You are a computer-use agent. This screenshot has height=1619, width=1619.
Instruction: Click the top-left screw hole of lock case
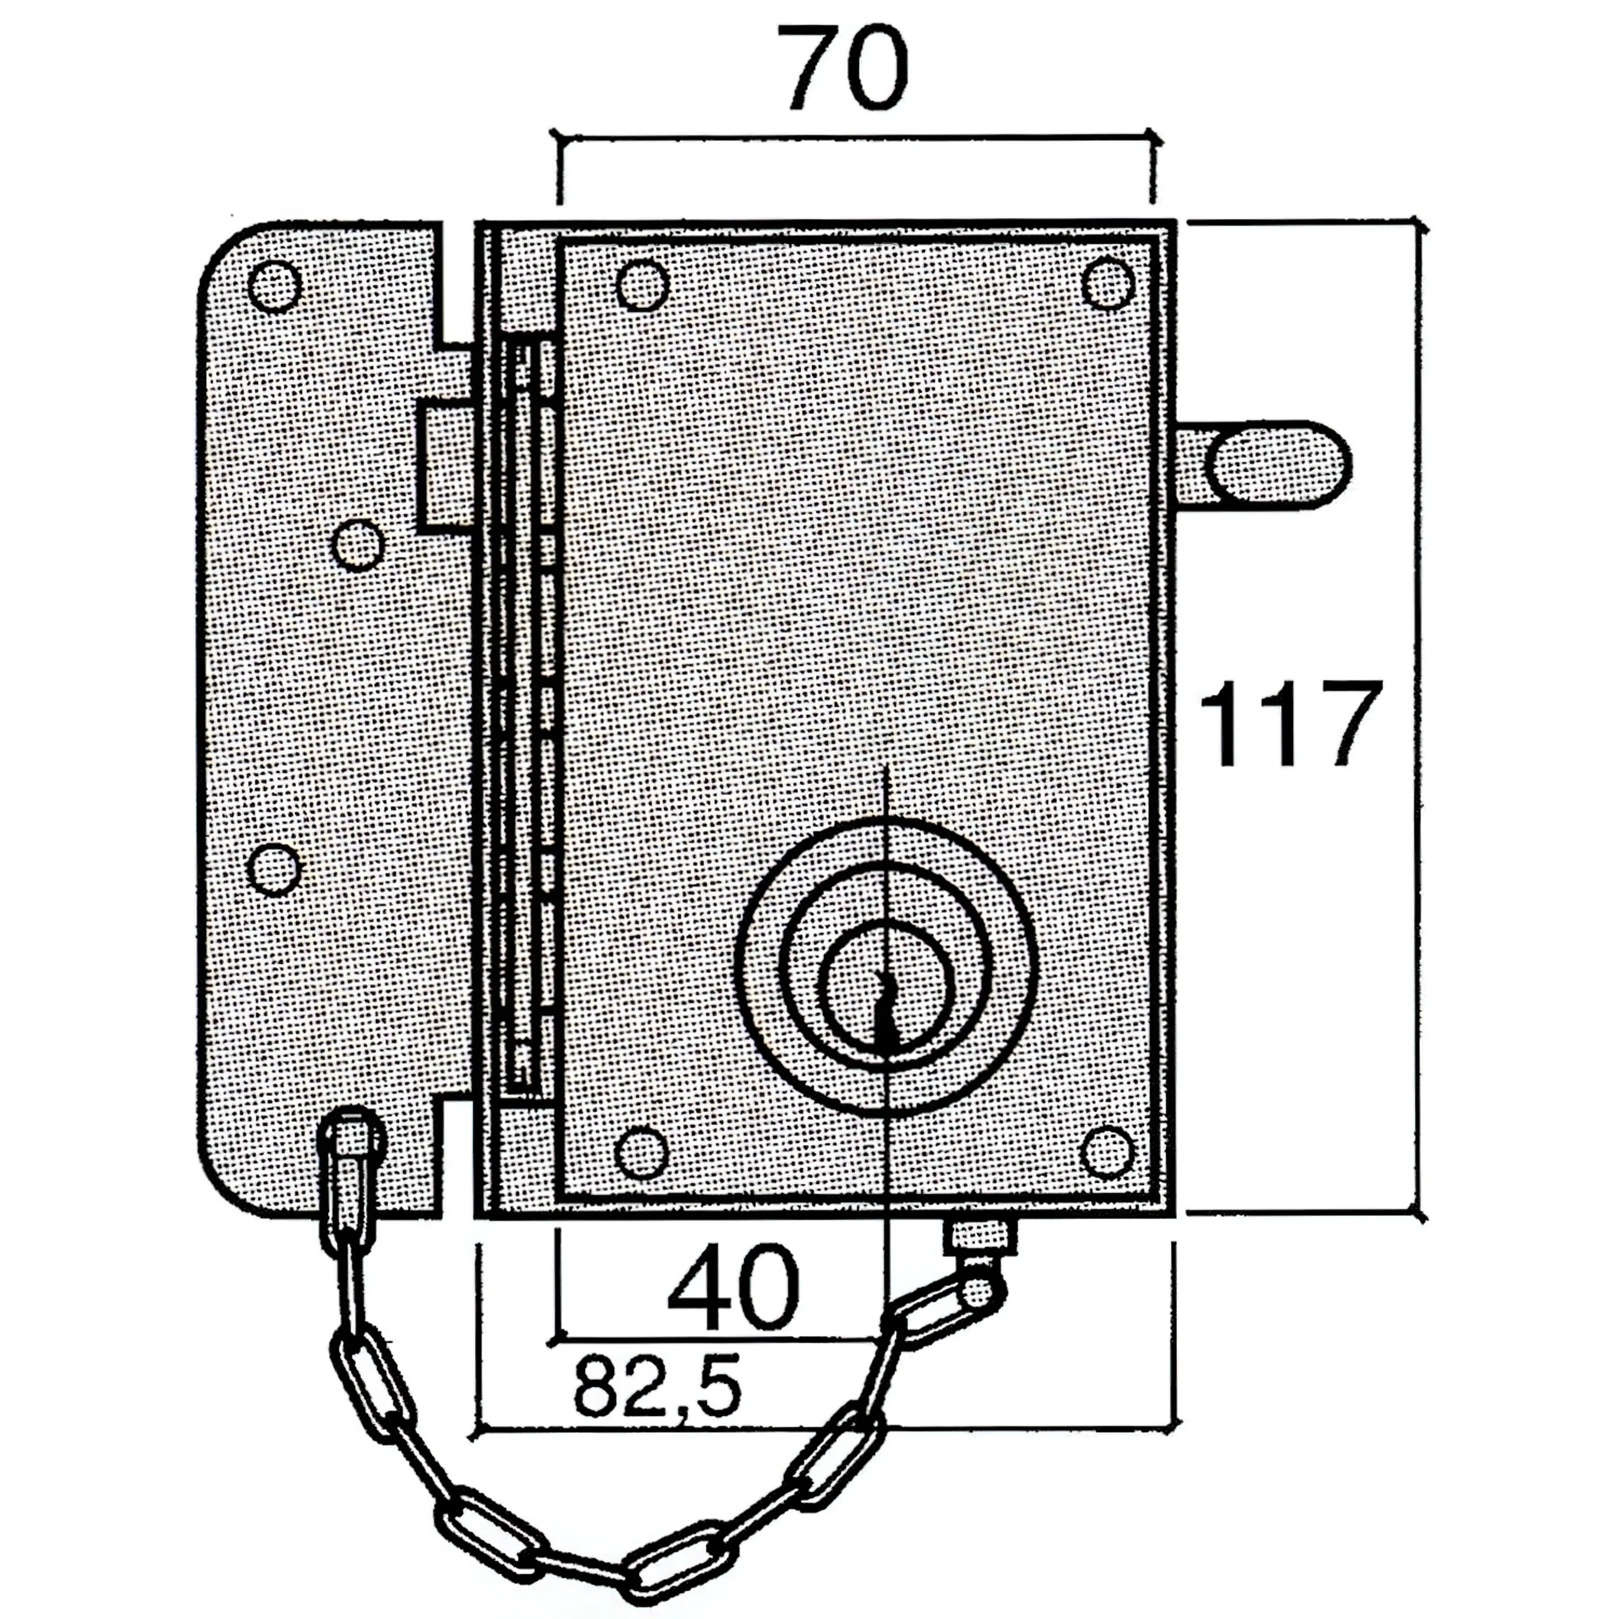pos(643,285)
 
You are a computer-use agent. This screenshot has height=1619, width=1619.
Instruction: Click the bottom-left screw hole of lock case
pos(641,1152)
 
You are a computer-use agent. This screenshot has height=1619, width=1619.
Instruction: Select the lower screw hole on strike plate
pos(275,870)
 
